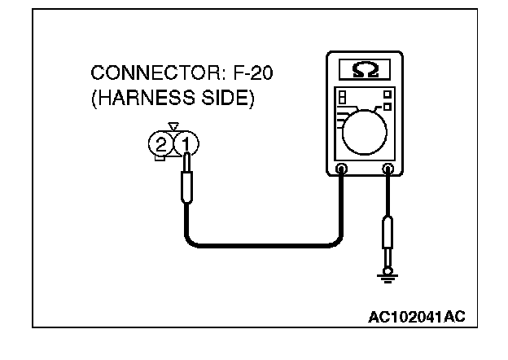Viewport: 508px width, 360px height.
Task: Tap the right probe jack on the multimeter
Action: [x=388, y=169]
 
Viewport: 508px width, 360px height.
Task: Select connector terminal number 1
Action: [x=186, y=145]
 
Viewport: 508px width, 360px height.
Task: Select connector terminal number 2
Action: [x=161, y=145]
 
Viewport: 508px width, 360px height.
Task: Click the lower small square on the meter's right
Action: [x=388, y=106]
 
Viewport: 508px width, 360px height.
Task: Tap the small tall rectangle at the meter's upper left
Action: [x=342, y=96]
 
